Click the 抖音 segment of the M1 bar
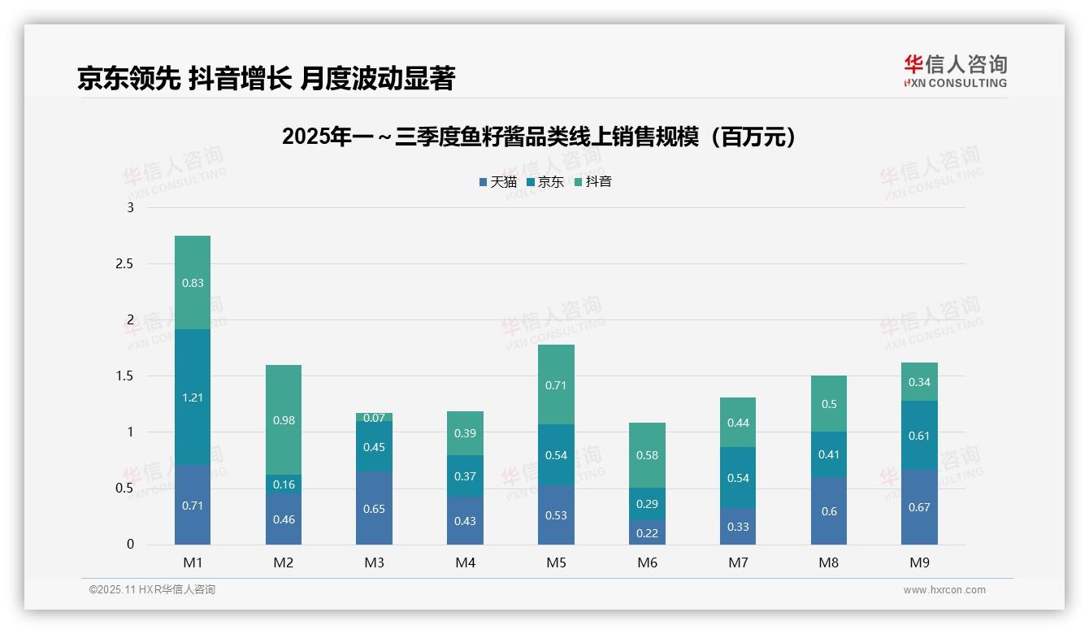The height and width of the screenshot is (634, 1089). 193,282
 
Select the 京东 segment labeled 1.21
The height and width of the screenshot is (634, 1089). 193,397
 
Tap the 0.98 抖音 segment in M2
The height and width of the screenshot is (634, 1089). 284,420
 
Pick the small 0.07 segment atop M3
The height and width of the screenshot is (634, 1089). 374,417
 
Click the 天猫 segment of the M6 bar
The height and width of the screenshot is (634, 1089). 646,532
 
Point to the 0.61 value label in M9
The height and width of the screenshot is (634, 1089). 919,436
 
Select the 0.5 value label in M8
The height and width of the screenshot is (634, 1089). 828,404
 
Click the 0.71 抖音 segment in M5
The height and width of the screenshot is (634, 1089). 556,384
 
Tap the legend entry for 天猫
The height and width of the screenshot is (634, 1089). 497,182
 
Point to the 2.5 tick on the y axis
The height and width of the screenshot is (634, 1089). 124,264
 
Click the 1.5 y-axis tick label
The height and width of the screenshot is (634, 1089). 124,376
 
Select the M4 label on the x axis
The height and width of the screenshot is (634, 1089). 465,562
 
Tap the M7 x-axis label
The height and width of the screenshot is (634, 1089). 737,562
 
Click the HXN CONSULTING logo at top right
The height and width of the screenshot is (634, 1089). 955,72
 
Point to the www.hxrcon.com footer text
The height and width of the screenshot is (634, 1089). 944,590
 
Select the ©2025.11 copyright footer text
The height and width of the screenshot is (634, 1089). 152,590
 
